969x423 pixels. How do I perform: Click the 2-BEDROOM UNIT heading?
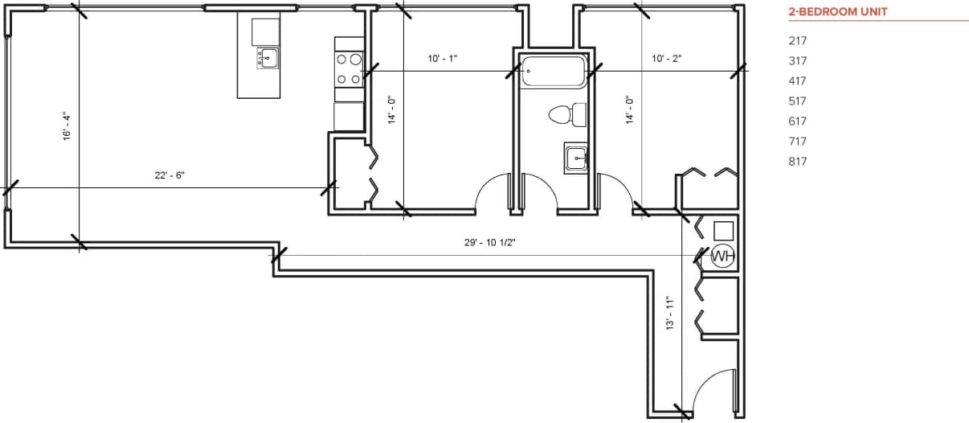point(837,12)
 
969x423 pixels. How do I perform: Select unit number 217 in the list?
point(797,40)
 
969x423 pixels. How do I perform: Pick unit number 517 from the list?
point(797,101)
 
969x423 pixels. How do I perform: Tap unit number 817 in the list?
point(797,162)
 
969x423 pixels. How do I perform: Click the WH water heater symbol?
point(723,257)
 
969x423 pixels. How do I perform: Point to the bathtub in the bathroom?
point(554,72)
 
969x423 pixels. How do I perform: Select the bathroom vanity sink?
point(577,157)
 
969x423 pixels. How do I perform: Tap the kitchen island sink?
point(268,58)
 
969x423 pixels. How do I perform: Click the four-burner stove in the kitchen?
point(350,68)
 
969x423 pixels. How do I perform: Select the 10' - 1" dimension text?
point(443,59)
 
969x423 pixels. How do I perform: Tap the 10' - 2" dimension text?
point(667,59)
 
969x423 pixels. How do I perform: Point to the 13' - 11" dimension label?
point(669,314)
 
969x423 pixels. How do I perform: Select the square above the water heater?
point(724,229)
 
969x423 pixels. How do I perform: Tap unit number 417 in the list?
point(797,81)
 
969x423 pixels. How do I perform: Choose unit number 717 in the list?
point(797,142)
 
